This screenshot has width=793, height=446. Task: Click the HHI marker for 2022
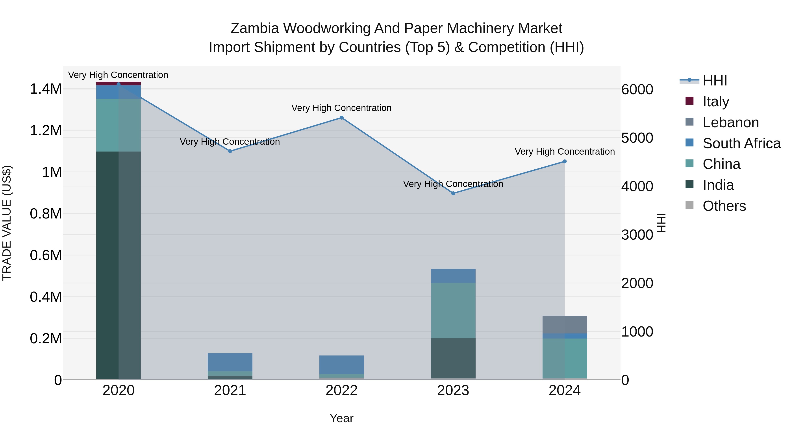pos(341,118)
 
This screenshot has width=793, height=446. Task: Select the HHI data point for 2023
pos(453,193)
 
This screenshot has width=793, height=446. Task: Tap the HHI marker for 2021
pos(230,151)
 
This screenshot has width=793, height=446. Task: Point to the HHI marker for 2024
pos(565,161)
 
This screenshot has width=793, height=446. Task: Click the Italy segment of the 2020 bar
pos(119,83)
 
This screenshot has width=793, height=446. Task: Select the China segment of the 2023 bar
pos(453,311)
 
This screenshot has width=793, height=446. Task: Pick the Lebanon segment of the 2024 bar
pos(565,324)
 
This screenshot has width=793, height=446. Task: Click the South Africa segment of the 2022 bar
pos(341,365)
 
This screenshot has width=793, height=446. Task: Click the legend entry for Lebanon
pos(730,122)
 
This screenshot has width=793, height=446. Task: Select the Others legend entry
pos(724,206)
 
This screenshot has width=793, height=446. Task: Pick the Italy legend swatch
pos(689,101)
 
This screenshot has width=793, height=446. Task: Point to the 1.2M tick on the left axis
pos(46,131)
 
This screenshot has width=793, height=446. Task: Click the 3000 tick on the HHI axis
pos(637,235)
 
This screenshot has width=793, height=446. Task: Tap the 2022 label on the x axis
pos(341,390)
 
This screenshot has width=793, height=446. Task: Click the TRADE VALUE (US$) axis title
pos(7,223)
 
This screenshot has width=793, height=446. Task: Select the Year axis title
pos(341,418)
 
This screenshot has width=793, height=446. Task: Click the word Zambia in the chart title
pos(255,28)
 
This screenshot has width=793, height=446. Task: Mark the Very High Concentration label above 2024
pos(565,152)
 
